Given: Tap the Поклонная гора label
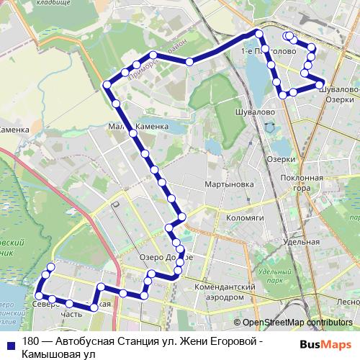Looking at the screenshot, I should click(302, 183).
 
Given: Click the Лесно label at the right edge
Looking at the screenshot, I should click(348, 302).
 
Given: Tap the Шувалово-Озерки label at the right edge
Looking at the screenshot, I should click(338, 94).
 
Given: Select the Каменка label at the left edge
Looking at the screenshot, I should click(14, 130).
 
